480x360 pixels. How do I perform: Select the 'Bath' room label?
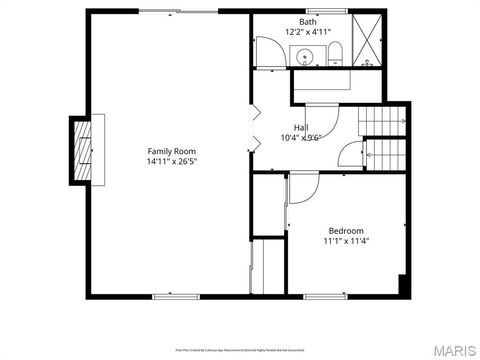(308, 21)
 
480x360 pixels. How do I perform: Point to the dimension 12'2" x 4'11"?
(308, 32)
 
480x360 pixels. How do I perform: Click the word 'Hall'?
(300, 127)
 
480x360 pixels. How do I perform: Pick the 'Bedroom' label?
(346, 230)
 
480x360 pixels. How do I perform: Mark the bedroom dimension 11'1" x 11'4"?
(346, 241)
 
